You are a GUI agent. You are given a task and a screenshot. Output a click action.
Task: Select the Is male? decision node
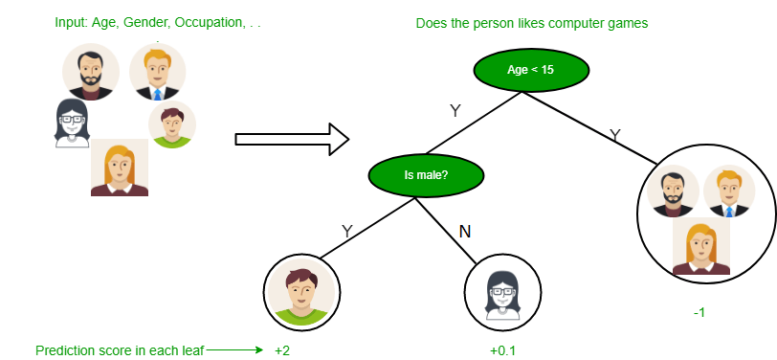426,175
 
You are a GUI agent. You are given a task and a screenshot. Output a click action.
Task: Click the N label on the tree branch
466,232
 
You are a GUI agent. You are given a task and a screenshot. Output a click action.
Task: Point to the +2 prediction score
282,350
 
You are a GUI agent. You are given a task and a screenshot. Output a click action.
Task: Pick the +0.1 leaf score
502,350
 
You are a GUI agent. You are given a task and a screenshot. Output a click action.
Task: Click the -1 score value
700,312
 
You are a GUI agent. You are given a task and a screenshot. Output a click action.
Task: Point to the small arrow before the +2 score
234,350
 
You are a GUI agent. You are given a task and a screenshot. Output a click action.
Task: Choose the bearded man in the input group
90,71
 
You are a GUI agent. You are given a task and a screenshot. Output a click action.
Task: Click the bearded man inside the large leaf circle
673,191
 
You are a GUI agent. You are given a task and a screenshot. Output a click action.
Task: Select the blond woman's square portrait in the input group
120,168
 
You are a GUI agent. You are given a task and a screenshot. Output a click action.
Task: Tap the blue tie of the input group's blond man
157,95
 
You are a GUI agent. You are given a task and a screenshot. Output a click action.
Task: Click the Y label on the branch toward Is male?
455,111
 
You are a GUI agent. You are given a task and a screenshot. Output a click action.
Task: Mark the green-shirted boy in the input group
172,124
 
